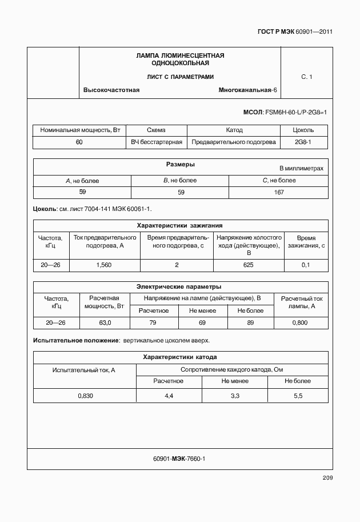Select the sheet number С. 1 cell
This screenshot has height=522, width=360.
pyautogui.click(x=306, y=76)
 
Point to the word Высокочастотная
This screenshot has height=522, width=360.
pyautogui.click(x=111, y=90)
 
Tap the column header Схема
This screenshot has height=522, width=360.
pyautogui.click(x=156, y=130)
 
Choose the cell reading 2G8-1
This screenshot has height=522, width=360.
pyautogui.click(x=302, y=142)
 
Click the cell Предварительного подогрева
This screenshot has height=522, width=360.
pyautogui.click(x=234, y=142)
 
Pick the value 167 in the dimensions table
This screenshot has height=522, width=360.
pyautogui.click(x=279, y=192)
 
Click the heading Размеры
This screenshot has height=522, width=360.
pyautogui.click(x=181, y=165)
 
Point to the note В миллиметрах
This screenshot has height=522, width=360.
pyautogui.click(x=301, y=169)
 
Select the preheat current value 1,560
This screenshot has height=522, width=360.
pyautogui.click(x=104, y=265)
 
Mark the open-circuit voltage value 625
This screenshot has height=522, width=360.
pyautogui.click(x=248, y=265)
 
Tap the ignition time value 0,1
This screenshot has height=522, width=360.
pyautogui.click(x=305, y=265)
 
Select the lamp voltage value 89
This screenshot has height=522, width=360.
pyautogui.click(x=250, y=323)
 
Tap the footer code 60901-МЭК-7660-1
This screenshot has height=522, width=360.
pyautogui.click(x=179, y=459)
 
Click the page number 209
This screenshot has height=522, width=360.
pyautogui.click(x=327, y=478)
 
